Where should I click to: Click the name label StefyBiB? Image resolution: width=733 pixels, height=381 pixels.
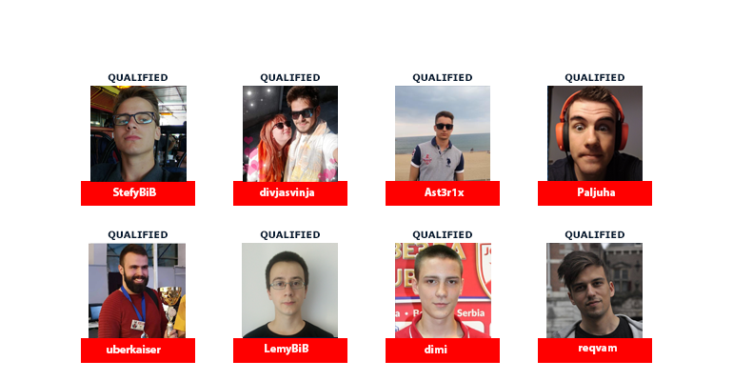pos(134,192)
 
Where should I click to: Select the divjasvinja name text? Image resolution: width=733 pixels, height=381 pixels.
pos(287,192)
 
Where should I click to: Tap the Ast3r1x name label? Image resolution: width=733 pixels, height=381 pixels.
pos(444,192)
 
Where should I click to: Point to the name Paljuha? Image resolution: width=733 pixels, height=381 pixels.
pos(596,192)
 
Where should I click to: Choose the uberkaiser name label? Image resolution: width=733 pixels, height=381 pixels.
pos(133,350)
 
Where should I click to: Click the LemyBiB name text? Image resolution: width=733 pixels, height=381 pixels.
pos(287,349)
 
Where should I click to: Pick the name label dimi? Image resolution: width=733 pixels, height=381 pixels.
pos(436,350)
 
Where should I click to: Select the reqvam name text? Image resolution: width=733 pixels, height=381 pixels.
pos(598,349)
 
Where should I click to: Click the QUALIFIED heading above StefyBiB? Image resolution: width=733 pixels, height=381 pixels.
pos(138,77)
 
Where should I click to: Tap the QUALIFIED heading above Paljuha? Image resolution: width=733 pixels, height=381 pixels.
pos(595,77)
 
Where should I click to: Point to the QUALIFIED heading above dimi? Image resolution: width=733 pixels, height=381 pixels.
pos(443,234)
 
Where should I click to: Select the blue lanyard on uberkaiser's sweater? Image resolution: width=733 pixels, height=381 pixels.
pos(133,304)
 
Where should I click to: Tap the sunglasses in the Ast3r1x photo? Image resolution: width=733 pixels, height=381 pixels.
pos(445,127)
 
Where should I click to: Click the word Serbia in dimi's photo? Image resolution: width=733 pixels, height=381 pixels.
pos(470,312)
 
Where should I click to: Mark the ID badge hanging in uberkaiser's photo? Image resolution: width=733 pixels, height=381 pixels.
pos(137,325)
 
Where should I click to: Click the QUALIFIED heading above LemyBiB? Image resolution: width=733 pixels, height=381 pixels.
pos(290,234)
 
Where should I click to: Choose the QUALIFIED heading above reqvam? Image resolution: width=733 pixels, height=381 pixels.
pos(595,234)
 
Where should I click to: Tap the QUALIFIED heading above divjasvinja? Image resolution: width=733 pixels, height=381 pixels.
pos(290,77)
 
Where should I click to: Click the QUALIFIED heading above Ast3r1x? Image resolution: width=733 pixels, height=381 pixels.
pos(443,77)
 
